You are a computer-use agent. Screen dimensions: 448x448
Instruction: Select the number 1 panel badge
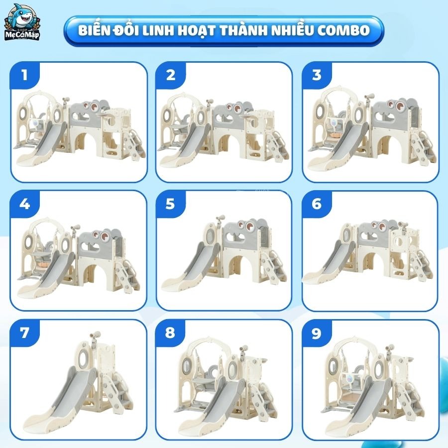pyautogui.click(x=24, y=75)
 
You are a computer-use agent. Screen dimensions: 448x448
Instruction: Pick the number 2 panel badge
pyautogui.click(x=171, y=75)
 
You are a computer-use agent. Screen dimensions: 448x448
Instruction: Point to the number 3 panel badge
pyautogui.click(x=317, y=75)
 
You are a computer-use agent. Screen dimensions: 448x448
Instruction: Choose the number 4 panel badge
pyautogui.click(x=24, y=204)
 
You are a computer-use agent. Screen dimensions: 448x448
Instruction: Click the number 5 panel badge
pyautogui.click(x=171, y=204)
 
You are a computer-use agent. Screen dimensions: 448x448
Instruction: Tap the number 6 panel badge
pyautogui.click(x=317, y=204)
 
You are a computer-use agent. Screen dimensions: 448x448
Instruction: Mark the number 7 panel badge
pyautogui.click(x=24, y=333)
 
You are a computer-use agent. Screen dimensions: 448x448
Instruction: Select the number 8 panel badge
pyautogui.click(x=171, y=333)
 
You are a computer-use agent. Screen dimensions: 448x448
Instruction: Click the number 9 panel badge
pyautogui.click(x=317, y=333)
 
